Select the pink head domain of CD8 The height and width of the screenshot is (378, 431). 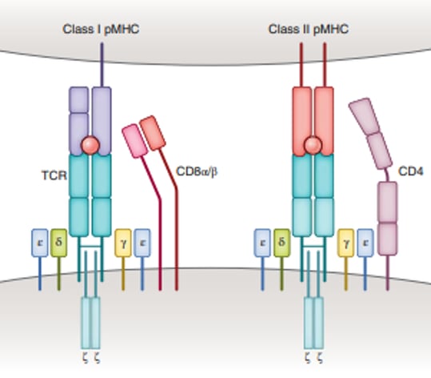click(x=134, y=140)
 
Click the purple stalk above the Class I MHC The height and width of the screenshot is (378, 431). click(x=102, y=64)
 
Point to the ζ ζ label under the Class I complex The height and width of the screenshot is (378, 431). click(x=92, y=357)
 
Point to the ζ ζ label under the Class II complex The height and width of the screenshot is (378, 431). click(x=313, y=357)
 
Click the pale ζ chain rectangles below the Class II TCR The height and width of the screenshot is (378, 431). click(x=313, y=320)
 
